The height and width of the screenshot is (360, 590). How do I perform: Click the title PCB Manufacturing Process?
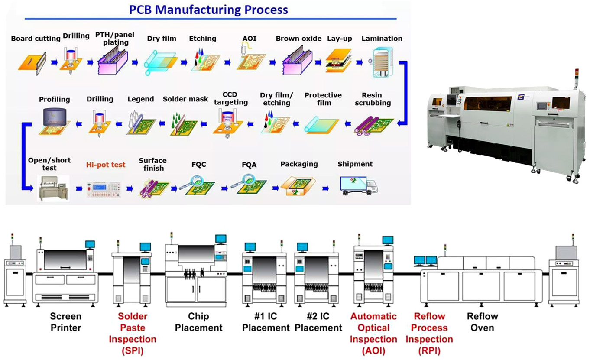click(x=208, y=9)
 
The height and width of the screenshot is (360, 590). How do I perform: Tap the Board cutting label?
click(x=36, y=39)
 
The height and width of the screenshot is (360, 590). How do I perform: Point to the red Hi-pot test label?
click(x=106, y=165)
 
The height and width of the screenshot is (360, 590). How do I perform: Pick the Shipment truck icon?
click(x=359, y=185)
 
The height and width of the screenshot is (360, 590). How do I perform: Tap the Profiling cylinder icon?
click(x=55, y=121)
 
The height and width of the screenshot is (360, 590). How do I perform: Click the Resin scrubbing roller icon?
click(x=374, y=124)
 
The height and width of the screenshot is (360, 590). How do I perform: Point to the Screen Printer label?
click(x=66, y=321)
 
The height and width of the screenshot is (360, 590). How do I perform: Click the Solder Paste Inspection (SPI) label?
click(x=133, y=333)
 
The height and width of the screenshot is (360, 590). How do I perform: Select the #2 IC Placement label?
click(x=318, y=322)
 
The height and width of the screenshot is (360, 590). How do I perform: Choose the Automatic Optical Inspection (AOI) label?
click(x=373, y=333)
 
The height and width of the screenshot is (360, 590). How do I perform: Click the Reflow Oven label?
click(x=482, y=321)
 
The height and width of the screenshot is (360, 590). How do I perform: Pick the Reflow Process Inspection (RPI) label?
click(x=429, y=333)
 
